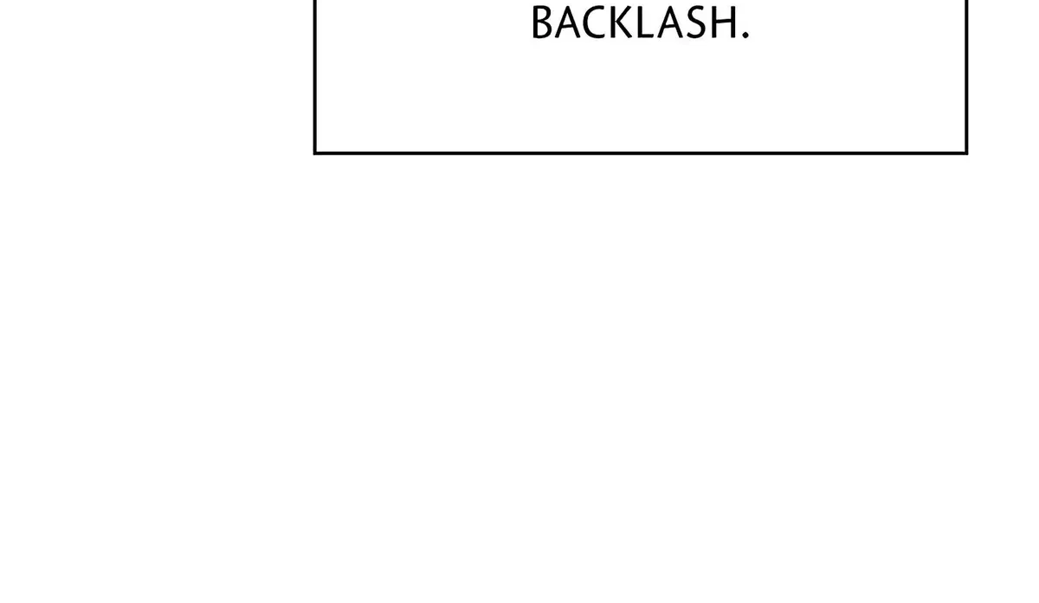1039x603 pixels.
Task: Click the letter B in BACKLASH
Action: tap(542, 23)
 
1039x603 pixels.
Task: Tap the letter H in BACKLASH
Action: tap(724, 23)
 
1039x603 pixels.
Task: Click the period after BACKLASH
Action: tap(745, 35)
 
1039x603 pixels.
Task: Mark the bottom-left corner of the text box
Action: tap(315, 152)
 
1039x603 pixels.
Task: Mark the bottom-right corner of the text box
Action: tap(966, 152)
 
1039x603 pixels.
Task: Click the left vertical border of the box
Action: tap(315, 76)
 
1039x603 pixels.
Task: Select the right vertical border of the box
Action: tap(966, 76)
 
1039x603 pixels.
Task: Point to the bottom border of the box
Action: tap(641, 152)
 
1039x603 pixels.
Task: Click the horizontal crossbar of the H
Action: tap(724, 22)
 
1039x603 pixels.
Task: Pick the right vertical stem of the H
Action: tap(734, 23)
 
